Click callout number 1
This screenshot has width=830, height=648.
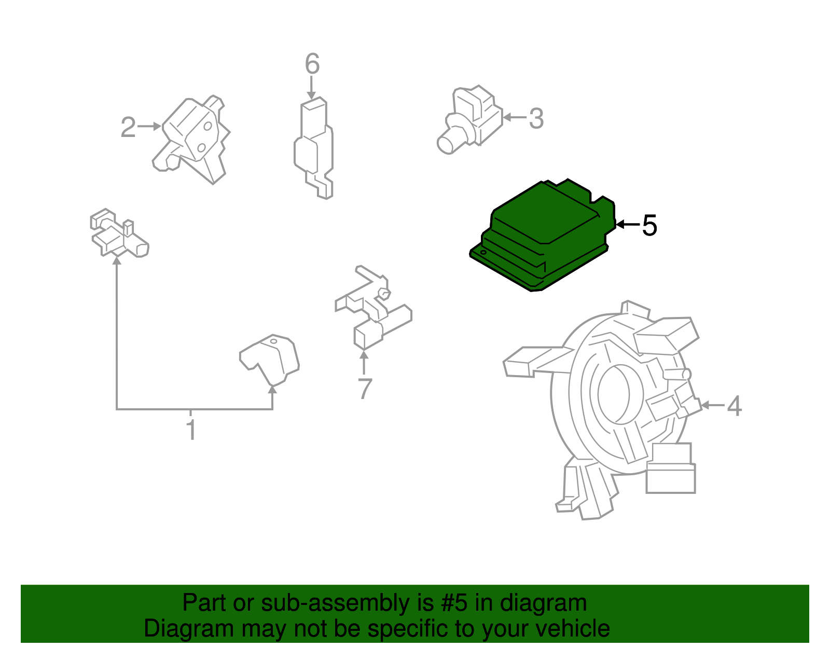click(x=191, y=430)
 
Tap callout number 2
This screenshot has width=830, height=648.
click(x=128, y=127)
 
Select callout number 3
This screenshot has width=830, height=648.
click(x=536, y=118)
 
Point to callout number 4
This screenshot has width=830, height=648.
click(x=734, y=406)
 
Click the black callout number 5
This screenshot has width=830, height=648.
click(x=649, y=225)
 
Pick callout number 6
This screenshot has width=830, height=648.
click(x=312, y=63)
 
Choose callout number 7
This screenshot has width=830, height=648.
click(x=365, y=389)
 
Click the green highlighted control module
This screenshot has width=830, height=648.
click(x=543, y=235)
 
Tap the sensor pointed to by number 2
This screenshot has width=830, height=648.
click(x=191, y=140)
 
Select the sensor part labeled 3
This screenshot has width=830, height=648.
click(x=470, y=119)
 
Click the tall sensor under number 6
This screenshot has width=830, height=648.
click(x=314, y=148)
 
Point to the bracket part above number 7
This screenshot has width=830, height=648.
click(x=373, y=308)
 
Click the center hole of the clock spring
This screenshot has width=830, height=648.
click(x=614, y=394)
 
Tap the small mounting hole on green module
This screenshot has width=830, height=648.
click(x=483, y=252)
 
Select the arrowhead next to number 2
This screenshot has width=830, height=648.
click(x=157, y=127)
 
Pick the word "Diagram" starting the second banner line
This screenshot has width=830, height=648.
click(x=189, y=628)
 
